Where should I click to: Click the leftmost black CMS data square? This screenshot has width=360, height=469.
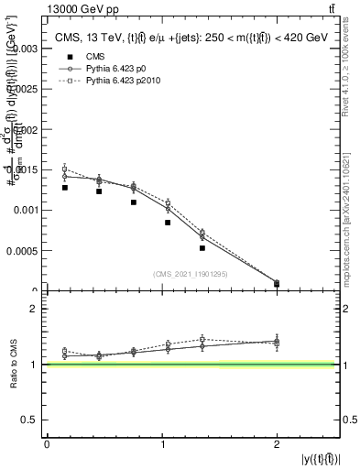(x=65, y=188)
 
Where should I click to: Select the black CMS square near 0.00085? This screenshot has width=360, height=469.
(x=168, y=223)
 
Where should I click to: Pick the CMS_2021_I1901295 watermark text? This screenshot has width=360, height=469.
(x=191, y=273)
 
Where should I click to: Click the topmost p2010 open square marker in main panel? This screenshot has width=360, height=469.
(x=65, y=169)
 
